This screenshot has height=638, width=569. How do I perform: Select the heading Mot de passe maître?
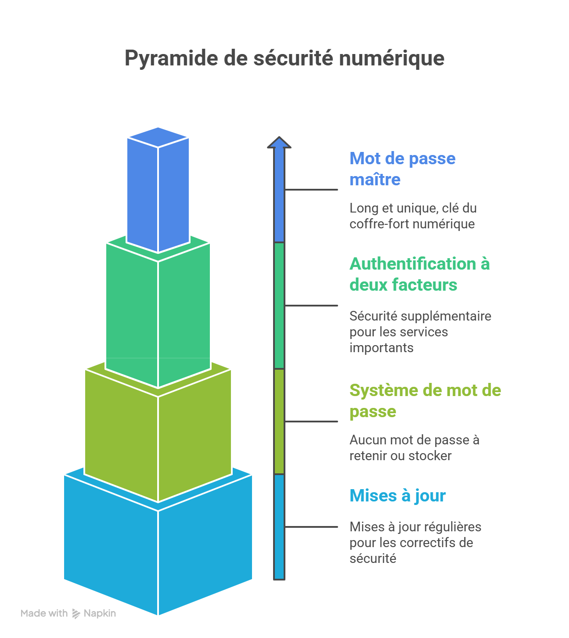pyautogui.click(x=402, y=169)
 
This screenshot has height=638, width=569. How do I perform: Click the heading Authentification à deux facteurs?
pyautogui.click(x=419, y=274)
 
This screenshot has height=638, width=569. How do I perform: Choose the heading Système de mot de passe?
pyautogui.click(x=425, y=400)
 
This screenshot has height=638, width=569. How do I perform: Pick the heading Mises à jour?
pyautogui.click(x=397, y=495)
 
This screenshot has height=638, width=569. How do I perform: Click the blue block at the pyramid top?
pyautogui.click(x=158, y=193)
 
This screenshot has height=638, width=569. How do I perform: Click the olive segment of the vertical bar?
pyautogui.click(x=279, y=422)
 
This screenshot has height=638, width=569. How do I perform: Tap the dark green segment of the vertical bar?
pyautogui.click(x=279, y=306)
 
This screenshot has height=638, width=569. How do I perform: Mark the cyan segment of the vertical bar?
pyautogui.click(x=279, y=527)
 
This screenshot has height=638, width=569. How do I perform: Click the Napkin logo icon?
pyautogui.click(x=76, y=613)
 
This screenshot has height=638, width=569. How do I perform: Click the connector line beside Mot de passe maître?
pyautogui.click(x=311, y=190)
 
